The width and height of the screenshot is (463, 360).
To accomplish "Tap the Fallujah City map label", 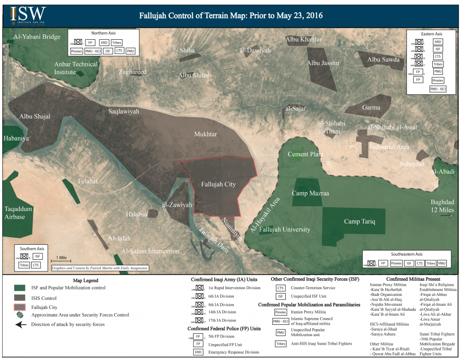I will tap(218, 184).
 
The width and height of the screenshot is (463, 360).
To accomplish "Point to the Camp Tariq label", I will tap(359, 222).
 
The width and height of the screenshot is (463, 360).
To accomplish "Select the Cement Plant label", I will tap(305, 154).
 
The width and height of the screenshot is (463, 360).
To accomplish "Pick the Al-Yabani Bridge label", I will tap(33, 37).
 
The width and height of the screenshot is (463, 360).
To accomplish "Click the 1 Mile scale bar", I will tap(61, 261).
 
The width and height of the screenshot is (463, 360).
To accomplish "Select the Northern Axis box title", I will tap(105, 33).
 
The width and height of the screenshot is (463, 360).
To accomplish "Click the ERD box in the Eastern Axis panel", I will tap(438, 42).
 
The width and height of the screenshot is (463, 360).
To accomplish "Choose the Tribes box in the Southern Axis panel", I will tap(24, 265).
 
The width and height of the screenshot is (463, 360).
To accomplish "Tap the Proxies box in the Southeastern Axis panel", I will tap(396, 263).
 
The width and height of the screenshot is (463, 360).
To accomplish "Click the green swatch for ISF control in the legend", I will tap(20, 288).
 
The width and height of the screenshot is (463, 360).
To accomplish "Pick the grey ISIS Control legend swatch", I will tap(20, 298).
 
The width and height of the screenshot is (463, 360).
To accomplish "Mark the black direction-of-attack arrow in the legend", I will tap(20, 324).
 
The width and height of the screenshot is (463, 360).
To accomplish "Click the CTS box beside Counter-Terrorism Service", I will tap(280, 288).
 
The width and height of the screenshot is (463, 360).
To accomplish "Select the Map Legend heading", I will tap(85, 281).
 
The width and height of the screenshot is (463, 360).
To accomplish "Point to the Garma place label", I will tap(371, 108).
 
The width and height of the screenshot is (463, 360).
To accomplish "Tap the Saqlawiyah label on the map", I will tap(123, 111).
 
